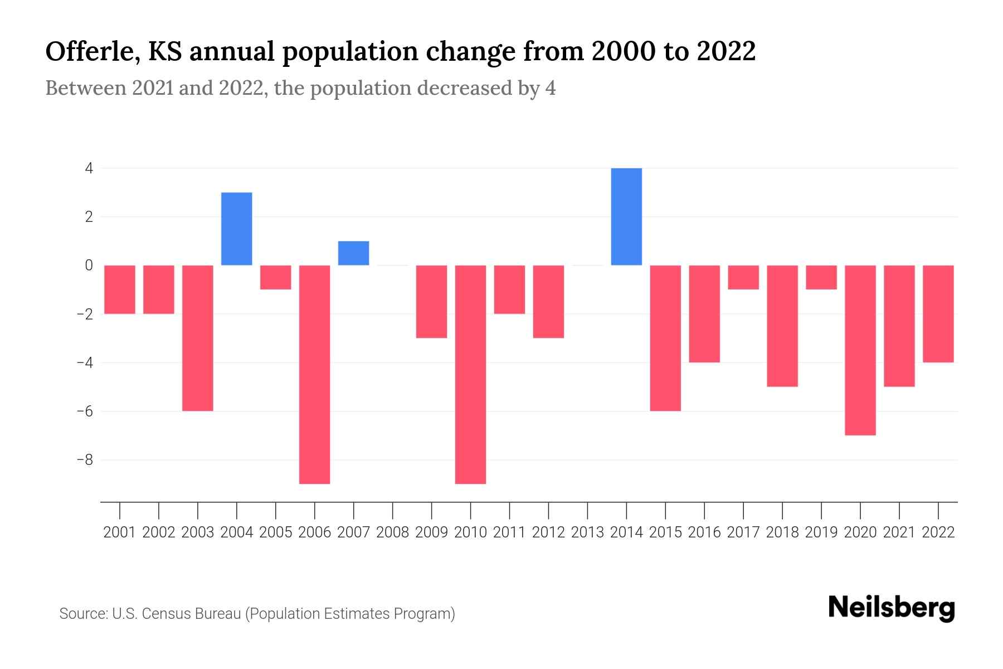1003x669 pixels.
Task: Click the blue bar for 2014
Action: click(626, 216)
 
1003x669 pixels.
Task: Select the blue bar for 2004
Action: click(237, 229)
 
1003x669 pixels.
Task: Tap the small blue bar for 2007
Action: click(354, 253)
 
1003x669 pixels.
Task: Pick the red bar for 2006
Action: click(315, 374)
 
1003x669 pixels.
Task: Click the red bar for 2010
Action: click(471, 374)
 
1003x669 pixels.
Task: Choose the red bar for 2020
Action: click(860, 350)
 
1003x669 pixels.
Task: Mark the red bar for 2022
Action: click(938, 314)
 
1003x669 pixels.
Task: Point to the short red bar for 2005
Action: click(276, 277)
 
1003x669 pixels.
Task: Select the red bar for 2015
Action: click(665, 338)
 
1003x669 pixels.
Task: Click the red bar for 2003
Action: click(198, 338)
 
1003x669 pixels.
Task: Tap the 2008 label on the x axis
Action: click(393, 532)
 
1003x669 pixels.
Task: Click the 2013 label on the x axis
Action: click(587, 532)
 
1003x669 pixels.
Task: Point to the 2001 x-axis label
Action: click(120, 532)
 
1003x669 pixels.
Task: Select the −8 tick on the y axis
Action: click(85, 460)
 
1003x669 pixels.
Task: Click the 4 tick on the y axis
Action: click(89, 168)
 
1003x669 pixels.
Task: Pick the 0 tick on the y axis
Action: click(89, 265)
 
